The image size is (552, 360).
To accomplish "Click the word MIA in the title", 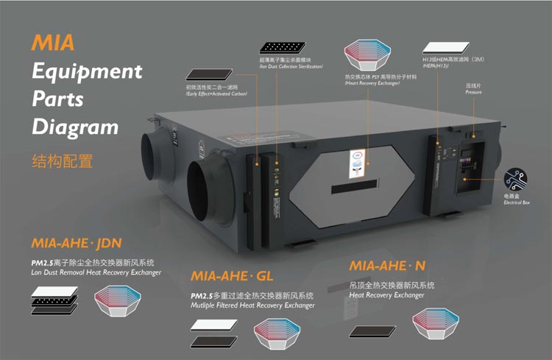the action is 53,42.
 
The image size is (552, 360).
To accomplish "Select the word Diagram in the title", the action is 74,126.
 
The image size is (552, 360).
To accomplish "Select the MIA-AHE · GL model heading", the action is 232,277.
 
